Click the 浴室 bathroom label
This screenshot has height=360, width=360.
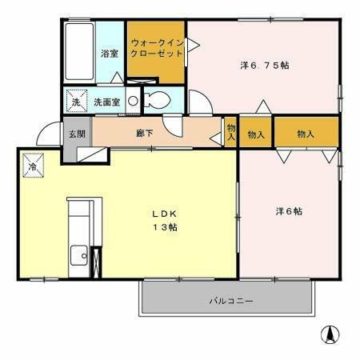[109, 54]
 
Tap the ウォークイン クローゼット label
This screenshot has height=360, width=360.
[157, 47]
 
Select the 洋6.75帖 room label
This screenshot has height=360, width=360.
[264, 65]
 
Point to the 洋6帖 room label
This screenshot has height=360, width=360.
[289, 211]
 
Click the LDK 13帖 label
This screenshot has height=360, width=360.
[166, 221]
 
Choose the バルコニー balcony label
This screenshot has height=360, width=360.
[231, 302]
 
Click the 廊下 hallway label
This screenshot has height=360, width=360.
[145, 134]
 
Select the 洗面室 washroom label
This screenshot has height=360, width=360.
[106, 102]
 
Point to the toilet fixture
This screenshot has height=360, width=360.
[158, 102]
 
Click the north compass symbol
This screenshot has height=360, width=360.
[328, 334]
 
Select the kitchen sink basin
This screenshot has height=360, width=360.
[79, 256]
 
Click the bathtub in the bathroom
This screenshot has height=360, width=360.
[78, 52]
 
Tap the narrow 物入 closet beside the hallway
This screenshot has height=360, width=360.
[230, 132]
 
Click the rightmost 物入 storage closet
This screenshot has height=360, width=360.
[306, 133]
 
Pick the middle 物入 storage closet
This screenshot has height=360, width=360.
[256, 133]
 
